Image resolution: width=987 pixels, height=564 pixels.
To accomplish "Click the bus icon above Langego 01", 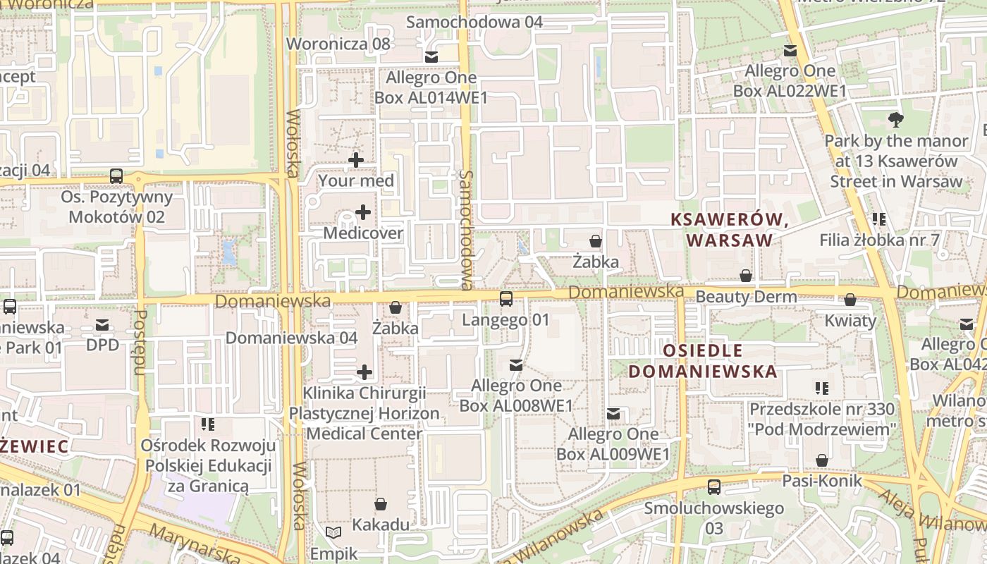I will tap(505, 299).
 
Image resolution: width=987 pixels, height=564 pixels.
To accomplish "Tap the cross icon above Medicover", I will tap(363, 211).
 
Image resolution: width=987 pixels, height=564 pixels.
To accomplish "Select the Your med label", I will tap(356, 180).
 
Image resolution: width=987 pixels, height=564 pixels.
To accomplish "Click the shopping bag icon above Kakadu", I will tap(381, 503).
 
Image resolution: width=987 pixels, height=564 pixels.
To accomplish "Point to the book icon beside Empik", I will tap(333, 533).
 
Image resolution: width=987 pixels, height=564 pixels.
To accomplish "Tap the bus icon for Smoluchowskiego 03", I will tap(714, 486).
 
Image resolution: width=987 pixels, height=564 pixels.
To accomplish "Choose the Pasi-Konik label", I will tap(822, 481).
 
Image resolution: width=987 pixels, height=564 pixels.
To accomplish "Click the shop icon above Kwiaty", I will tap(850, 300).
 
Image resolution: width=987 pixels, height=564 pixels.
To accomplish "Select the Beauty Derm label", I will tap(746, 296).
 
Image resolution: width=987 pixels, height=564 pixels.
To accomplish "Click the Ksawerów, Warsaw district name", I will tap(729, 230).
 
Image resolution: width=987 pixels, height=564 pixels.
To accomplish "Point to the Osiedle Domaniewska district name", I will tap(703, 361).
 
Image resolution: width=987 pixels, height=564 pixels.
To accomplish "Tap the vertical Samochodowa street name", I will tap(465, 230).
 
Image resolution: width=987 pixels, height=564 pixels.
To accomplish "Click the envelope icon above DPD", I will tap(102, 325).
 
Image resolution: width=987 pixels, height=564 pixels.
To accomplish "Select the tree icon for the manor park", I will tap(895, 119).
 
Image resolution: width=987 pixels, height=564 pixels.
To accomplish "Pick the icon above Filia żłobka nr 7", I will tap(878, 219).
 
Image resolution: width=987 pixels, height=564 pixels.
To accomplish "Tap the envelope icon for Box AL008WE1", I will tap(516, 364).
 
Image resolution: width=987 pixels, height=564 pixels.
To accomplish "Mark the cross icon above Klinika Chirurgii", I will tap(364, 372).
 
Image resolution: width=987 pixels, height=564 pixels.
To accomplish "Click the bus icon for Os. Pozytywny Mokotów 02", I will tap(116, 176).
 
